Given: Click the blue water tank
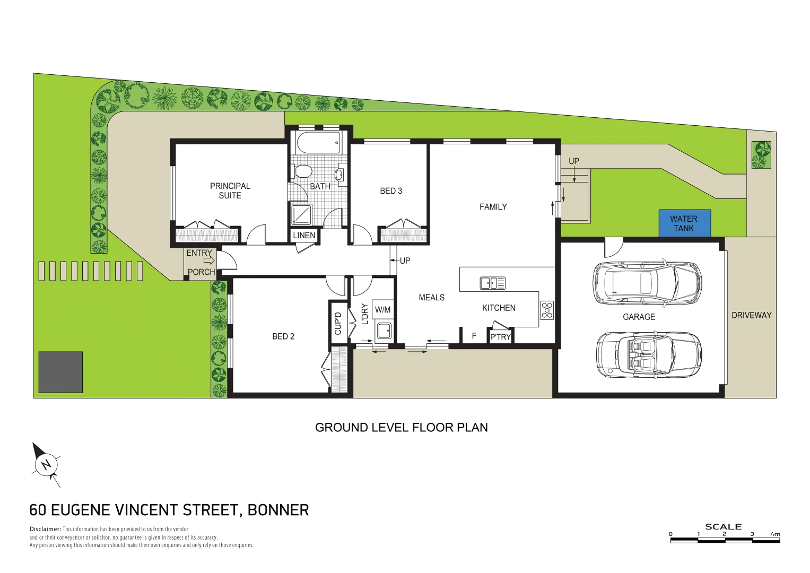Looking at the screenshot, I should point(684,223).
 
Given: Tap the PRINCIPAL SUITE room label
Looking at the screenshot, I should point(230,190).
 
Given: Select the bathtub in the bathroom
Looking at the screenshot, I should point(318,143).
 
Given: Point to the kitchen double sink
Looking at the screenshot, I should point(492,283).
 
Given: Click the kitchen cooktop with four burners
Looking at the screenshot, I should point(547,310).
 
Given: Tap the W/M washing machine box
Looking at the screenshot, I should point(382,309).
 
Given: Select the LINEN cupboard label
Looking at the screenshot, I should point(304,235).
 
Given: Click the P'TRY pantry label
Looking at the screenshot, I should point(500,337).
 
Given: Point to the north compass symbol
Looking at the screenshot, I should point(47,465).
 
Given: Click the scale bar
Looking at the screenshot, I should point(725,540).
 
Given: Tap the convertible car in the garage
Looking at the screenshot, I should point(648,355).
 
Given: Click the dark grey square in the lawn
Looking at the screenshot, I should point(60,372).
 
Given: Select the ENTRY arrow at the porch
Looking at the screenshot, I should point(208,261).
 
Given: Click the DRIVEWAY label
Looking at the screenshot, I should point(751,315).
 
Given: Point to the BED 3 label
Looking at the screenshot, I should point(391,191).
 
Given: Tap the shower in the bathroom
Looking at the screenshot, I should point(301,214).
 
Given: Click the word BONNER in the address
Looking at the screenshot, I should point(278,510).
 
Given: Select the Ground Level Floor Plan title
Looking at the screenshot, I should point(401,428).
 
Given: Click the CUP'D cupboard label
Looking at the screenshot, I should point(338,323).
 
